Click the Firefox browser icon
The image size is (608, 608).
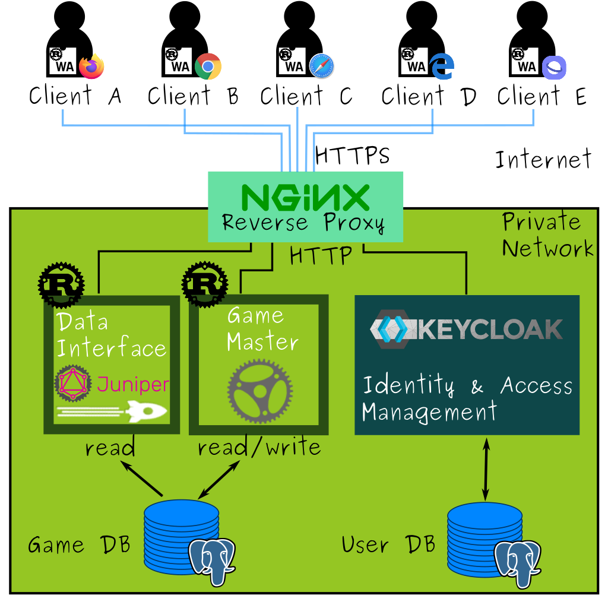[x=91, y=66]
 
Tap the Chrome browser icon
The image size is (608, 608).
[x=208, y=66]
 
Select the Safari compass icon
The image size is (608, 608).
[x=322, y=66]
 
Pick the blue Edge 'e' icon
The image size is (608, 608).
[x=442, y=66]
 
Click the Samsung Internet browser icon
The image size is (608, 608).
[x=553, y=67]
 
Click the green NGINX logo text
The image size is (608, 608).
[x=305, y=197]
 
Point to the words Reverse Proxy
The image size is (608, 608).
[x=303, y=223]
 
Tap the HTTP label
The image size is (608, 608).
[x=321, y=256]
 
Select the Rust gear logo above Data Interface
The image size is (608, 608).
[x=61, y=285]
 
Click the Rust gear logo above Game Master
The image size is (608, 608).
[x=205, y=285]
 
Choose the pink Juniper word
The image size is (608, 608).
[x=133, y=384]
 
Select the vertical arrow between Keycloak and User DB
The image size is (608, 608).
[x=486, y=470]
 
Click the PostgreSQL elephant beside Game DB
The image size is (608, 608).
[x=211, y=560]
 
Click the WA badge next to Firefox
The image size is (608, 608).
[x=63, y=61]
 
